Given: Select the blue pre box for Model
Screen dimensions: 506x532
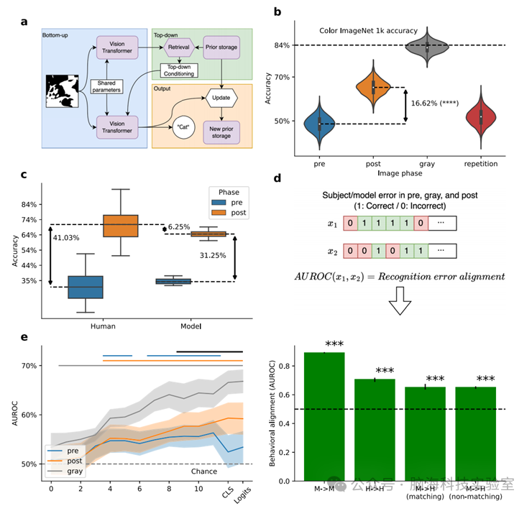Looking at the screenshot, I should pos(174,281).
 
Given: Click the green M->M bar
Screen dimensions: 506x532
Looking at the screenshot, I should pos(324,416).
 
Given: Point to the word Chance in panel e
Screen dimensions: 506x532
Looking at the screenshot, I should pos(205,471).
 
